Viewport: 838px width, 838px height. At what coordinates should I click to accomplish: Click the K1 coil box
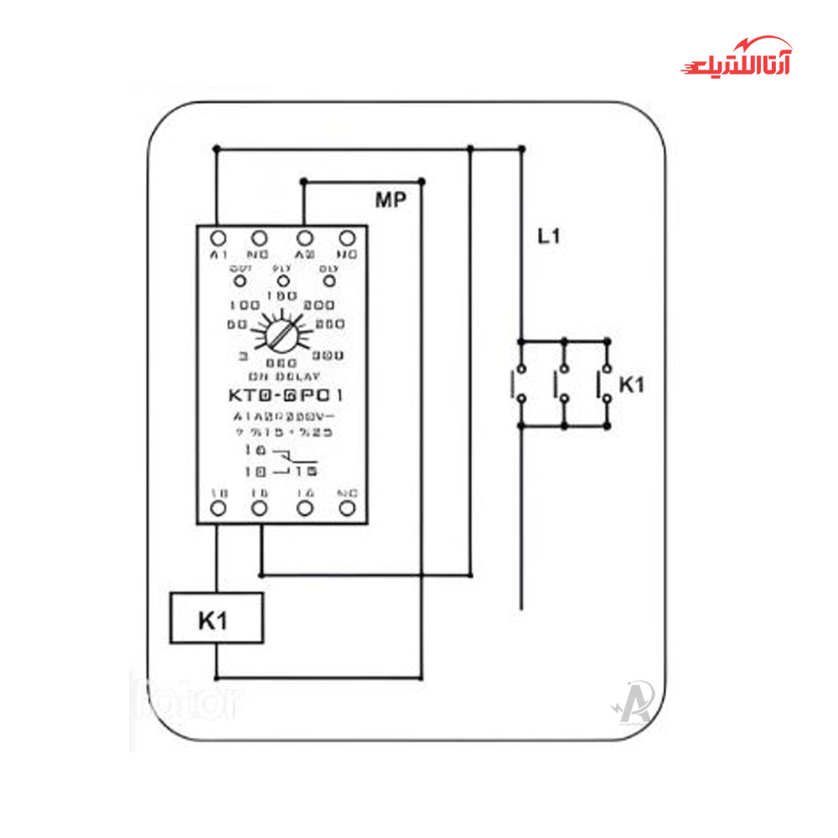216,618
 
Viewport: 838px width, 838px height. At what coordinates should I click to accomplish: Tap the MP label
390,200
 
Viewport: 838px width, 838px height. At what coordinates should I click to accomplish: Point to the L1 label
549,237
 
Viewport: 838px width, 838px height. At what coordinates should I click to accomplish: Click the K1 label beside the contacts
632,385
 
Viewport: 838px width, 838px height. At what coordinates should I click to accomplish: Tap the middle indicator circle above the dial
282,278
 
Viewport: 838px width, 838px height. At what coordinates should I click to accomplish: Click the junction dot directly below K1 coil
216,677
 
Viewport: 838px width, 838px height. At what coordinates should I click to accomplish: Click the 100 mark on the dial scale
244,305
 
